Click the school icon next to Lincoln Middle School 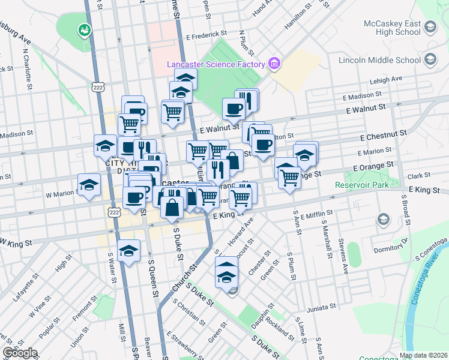pos(430,59)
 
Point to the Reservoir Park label pos(362,184)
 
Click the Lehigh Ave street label pos(386,79)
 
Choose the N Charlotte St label pos(28,70)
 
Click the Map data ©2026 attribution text pos(423,355)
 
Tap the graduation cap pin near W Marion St pos(89,185)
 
